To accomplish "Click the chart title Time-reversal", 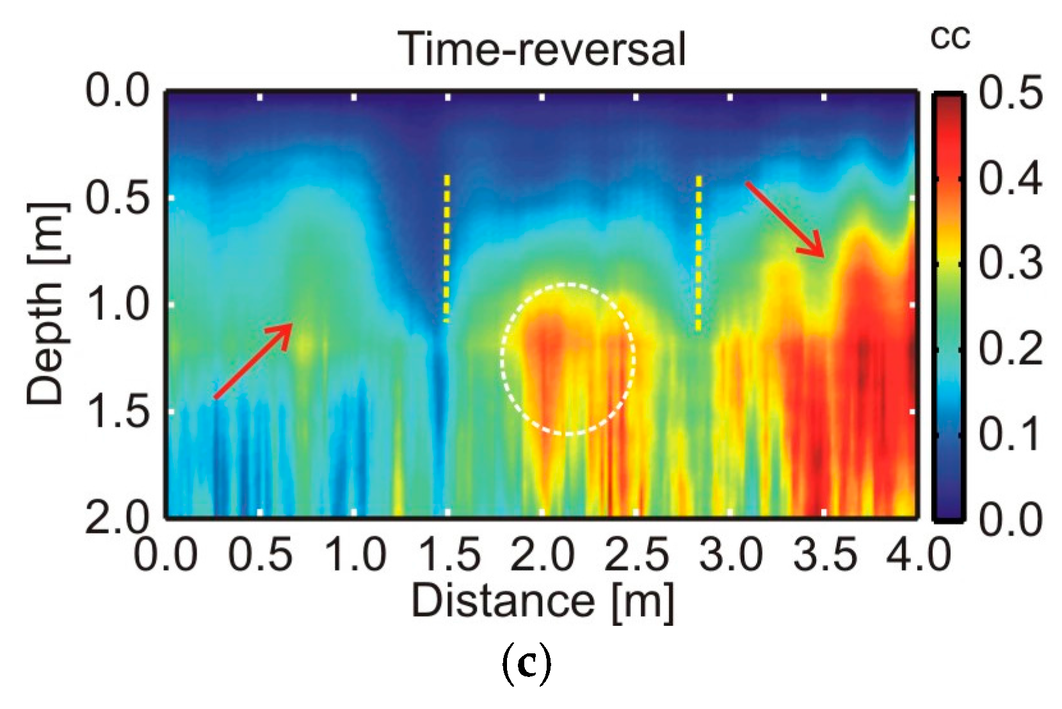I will pyautogui.click(x=542, y=49).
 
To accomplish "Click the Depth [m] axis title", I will pyautogui.click(x=45, y=305).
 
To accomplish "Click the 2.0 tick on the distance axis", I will pyautogui.click(x=542, y=554).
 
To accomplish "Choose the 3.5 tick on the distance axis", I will pyautogui.click(x=825, y=554).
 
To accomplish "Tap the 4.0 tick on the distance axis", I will pyautogui.click(x=918, y=554).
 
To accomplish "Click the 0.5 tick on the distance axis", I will pyautogui.click(x=260, y=554).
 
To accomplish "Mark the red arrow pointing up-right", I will pyautogui.click(x=253, y=361).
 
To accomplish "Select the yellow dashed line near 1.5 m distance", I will pyautogui.click(x=447, y=248).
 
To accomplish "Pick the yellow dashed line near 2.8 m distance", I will pyautogui.click(x=698, y=253).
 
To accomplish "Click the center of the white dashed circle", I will pyautogui.click(x=568, y=359).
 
